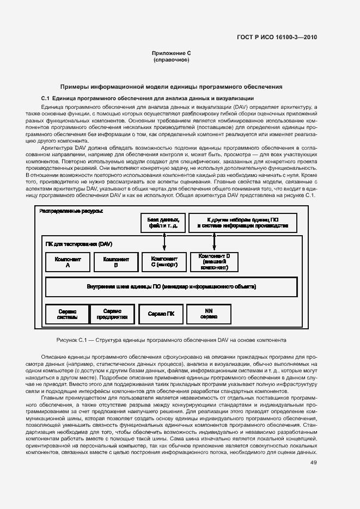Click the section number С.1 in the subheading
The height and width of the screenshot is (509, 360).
pos(46,97)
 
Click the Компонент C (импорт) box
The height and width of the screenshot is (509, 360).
pos(164,262)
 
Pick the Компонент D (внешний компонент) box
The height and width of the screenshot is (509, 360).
pos(214,262)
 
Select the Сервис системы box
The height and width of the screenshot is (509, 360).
pos(67,314)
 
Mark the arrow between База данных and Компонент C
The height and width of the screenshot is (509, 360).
pos(164,242)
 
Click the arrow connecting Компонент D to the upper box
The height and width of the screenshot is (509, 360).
pos(214,242)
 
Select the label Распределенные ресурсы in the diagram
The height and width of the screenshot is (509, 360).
pos(71,211)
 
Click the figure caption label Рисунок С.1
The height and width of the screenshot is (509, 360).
pos(72,340)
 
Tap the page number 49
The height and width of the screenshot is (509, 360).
pos(313,462)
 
